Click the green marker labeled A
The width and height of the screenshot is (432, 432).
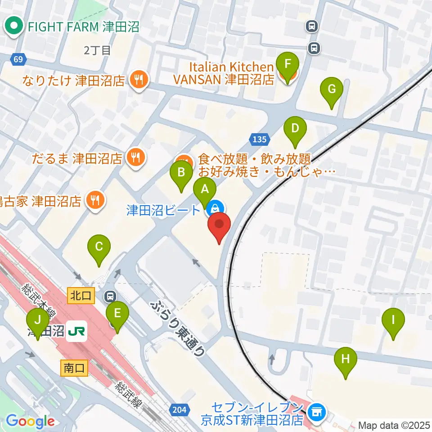[x=205, y=189]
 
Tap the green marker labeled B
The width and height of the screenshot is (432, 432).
[x=181, y=172]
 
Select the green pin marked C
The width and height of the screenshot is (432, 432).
[x=99, y=247]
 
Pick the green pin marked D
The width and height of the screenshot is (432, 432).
[x=295, y=129]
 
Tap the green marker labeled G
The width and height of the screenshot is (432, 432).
[x=331, y=89]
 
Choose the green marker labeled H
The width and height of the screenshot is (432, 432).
[x=345, y=360]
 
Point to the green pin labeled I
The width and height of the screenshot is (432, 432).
[x=393, y=320]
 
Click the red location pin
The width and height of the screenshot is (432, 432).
[x=219, y=225]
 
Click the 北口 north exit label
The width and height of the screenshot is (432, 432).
[x=81, y=296]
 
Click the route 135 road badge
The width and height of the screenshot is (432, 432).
[x=260, y=139]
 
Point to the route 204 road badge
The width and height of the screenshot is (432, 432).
[x=178, y=409]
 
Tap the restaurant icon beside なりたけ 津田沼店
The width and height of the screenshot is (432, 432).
[x=138, y=80]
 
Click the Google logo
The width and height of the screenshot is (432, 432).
[x=31, y=422]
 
